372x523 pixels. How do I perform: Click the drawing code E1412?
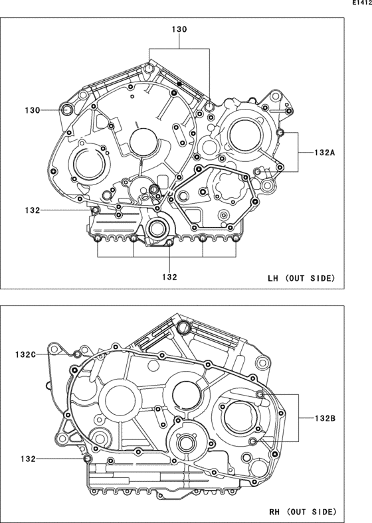362,4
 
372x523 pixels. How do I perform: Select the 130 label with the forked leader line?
179,29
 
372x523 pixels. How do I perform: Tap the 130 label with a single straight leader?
33,110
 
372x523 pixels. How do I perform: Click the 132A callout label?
325,153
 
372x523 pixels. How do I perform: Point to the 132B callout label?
325,418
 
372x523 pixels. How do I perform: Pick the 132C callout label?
25,354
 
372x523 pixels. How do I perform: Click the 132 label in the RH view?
28,459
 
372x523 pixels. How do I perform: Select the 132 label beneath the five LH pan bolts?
169,277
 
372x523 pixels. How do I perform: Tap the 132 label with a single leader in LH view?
33,210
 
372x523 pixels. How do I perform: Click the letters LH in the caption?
273,278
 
